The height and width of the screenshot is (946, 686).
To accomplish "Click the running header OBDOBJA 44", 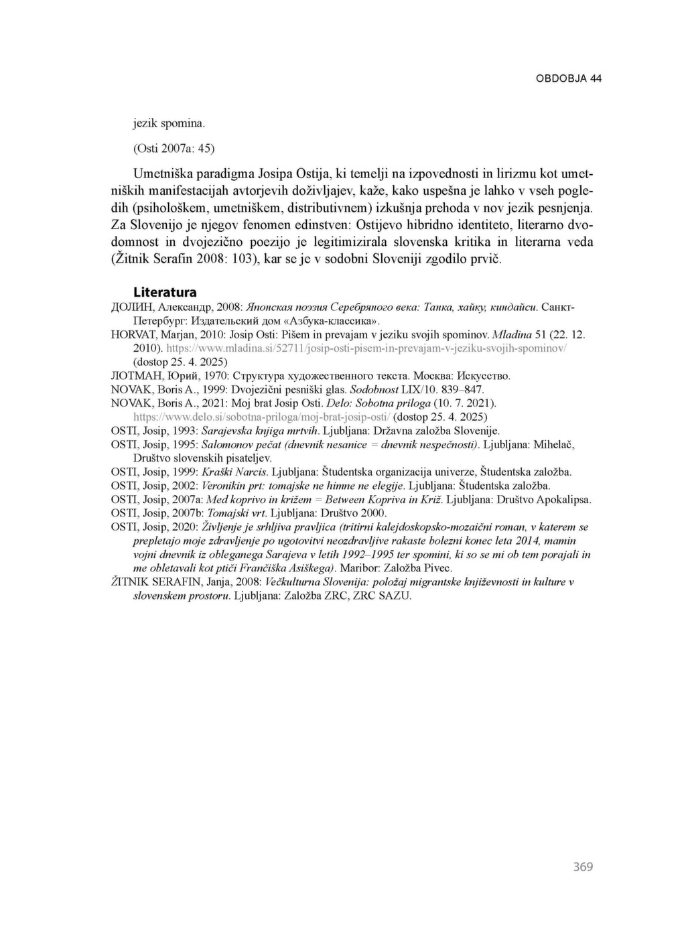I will [x=569, y=78].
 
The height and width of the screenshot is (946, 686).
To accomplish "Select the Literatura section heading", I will [x=165, y=292].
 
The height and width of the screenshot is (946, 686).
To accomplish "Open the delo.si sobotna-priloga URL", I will [x=262, y=417].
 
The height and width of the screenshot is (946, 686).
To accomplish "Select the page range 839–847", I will [x=460, y=389].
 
